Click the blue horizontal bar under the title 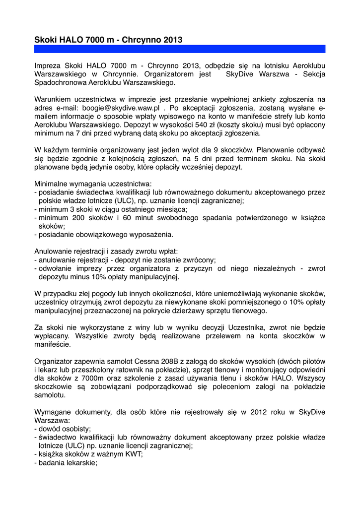pos(180,49)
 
